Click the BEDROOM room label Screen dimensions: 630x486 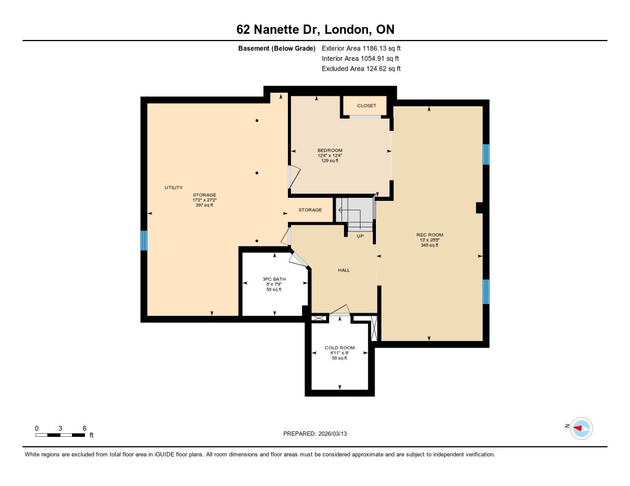pyautogui.click(x=330, y=151)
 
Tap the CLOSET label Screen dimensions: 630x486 pyautogui.click(x=367, y=106)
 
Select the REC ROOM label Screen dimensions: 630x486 pyautogui.click(x=429, y=235)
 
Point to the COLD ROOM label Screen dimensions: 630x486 pyautogui.click(x=340, y=348)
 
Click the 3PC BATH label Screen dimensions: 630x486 pyautogui.click(x=274, y=280)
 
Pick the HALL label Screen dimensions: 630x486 pyautogui.click(x=344, y=270)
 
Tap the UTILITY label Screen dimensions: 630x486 pyautogui.click(x=173, y=187)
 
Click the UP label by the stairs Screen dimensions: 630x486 pyautogui.click(x=360, y=236)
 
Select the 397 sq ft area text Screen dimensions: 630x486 pyautogui.click(x=204, y=205)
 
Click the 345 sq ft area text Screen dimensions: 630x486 pyautogui.click(x=429, y=245)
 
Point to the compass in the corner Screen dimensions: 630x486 pyautogui.click(x=581, y=428)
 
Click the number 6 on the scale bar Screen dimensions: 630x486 pyautogui.click(x=84, y=428)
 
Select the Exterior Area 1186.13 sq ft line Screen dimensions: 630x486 pyautogui.click(x=361, y=49)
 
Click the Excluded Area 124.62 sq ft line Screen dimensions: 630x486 pyautogui.click(x=361, y=69)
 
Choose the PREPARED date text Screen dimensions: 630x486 pyautogui.click(x=315, y=434)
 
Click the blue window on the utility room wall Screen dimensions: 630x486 pyautogui.click(x=144, y=240)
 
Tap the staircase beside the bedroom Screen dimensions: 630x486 pyautogui.click(x=355, y=214)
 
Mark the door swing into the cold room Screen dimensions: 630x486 pyautogui.click(x=340, y=310)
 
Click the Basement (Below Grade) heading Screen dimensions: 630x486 pyautogui.click(x=277, y=49)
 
